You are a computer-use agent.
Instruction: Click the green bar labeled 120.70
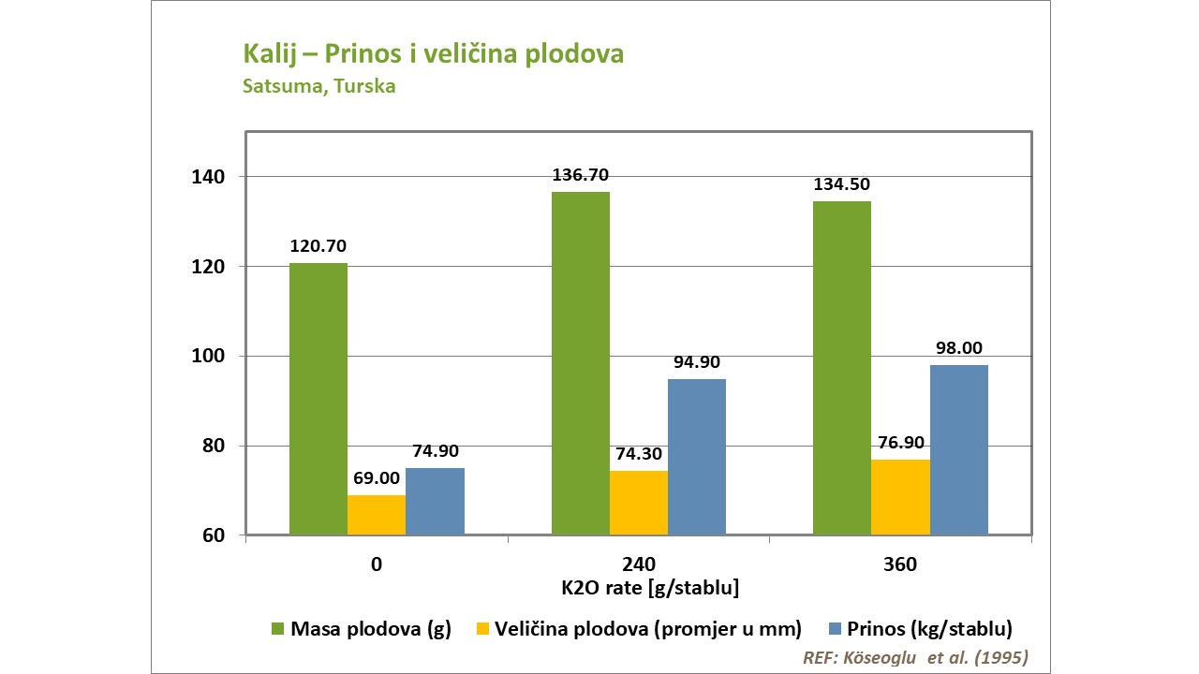click(318, 399)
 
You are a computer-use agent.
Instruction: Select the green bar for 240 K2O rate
click(581, 363)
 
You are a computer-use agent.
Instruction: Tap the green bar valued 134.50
click(842, 368)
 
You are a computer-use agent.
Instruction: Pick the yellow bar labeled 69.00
click(377, 515)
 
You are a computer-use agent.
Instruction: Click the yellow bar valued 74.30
click(639, 503)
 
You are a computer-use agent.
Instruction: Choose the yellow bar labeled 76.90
click(900, 497)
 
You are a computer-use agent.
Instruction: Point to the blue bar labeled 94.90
click(697, 457)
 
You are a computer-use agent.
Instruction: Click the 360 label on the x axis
click(900, 565)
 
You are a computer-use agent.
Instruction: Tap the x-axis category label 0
click(377, 565)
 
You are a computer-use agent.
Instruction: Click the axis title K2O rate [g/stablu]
click(638, 589)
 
